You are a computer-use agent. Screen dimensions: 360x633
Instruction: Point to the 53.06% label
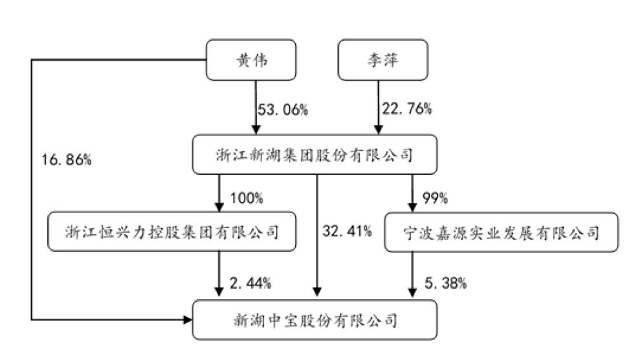[x=283, y=109]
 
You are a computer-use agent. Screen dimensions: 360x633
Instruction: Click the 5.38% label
[x=443, y=282]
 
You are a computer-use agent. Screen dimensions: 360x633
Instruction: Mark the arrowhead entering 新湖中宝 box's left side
[x=188, y=320]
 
